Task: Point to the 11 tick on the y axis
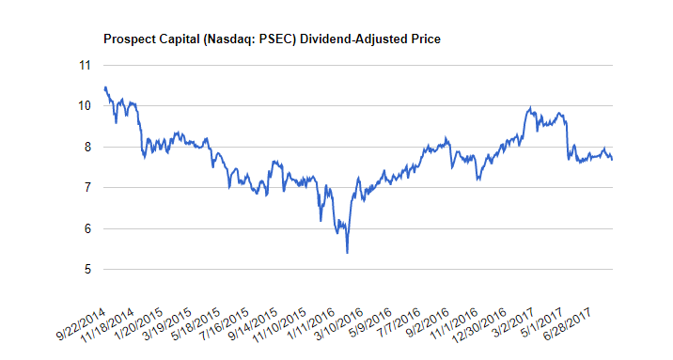(x=85, y=65)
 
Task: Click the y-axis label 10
(x=85, y=105)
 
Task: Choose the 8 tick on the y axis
(x=88, y=147)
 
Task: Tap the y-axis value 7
(x=88, y=187)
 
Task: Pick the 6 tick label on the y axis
(x=88, y=228)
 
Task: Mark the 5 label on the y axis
(x=88, y=270)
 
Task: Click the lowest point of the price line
(x=347, y=253)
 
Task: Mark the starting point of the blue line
(x=105, y=88)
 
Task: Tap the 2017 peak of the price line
(x=530, y=108)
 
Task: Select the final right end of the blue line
(x=612, y=160)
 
